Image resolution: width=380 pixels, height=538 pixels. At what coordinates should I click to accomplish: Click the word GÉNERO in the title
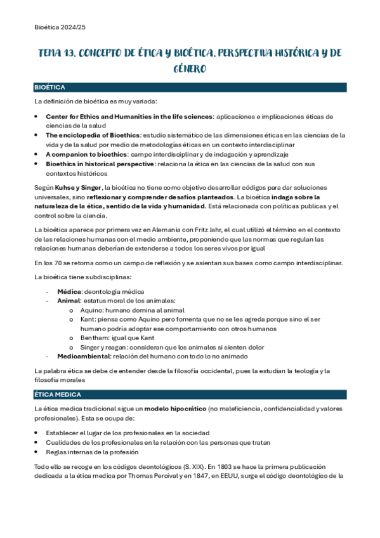pyautogui.click(x=190, y=68)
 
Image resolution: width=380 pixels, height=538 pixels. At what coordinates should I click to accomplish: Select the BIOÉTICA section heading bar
pyautogui.click(x=190, y=87)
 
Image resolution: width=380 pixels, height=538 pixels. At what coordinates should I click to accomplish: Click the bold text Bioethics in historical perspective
pyautogui.click(x=100, y=164)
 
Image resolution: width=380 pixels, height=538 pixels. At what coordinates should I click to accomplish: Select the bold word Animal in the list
pyautogui.click(x=69, y=300)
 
